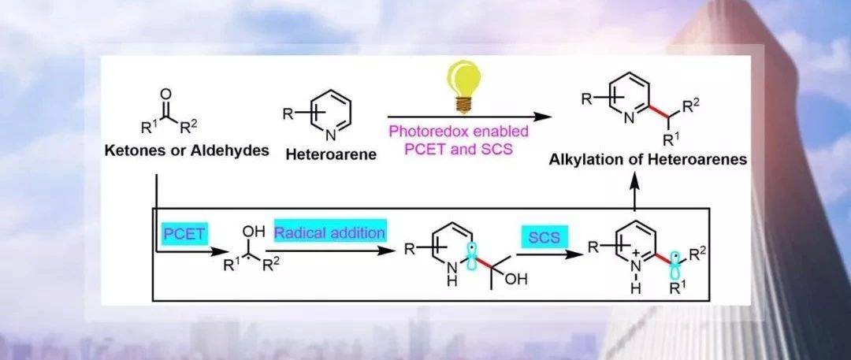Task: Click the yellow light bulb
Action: click(463, 87)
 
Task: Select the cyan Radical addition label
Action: click(330, 233)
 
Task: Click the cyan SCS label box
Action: click(544, 237)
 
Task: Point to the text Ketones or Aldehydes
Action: click(187, 151)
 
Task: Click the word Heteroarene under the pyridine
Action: click(331, 154)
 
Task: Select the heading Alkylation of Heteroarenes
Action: click(648, 160)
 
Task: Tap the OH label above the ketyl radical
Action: click(254, 232)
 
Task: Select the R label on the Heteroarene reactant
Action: click(288, 114)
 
